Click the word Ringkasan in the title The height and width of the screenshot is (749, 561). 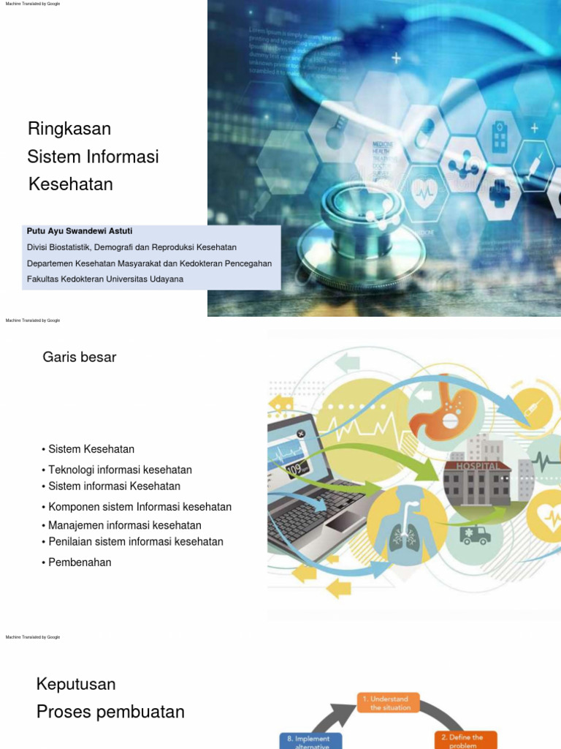pyautogui.click(x=69, y=129)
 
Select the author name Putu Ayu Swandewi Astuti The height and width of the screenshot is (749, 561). pyautogui.click(x=80, y=231)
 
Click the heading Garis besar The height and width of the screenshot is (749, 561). pyautogui.click(x=80, y=358)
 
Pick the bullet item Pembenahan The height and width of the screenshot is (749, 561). pyautogui.click(x=80, y=562)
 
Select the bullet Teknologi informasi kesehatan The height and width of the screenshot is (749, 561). pyautogui.click(x=120, y=470)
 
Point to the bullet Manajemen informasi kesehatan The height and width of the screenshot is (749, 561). pyautogui.click(x=125, y=525)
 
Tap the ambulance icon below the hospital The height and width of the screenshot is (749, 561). pyautogui.click(x=475, y=536)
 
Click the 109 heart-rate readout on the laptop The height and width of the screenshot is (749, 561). pyautogui.click(x=294, y=468)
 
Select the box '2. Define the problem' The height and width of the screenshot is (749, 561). pyautogui.click(x=465, y=739)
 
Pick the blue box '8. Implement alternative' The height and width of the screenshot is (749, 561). pyautogui.click(x=310, y=741)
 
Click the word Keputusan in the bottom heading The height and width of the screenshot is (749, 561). pyautogui.click(x=76, y=685)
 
